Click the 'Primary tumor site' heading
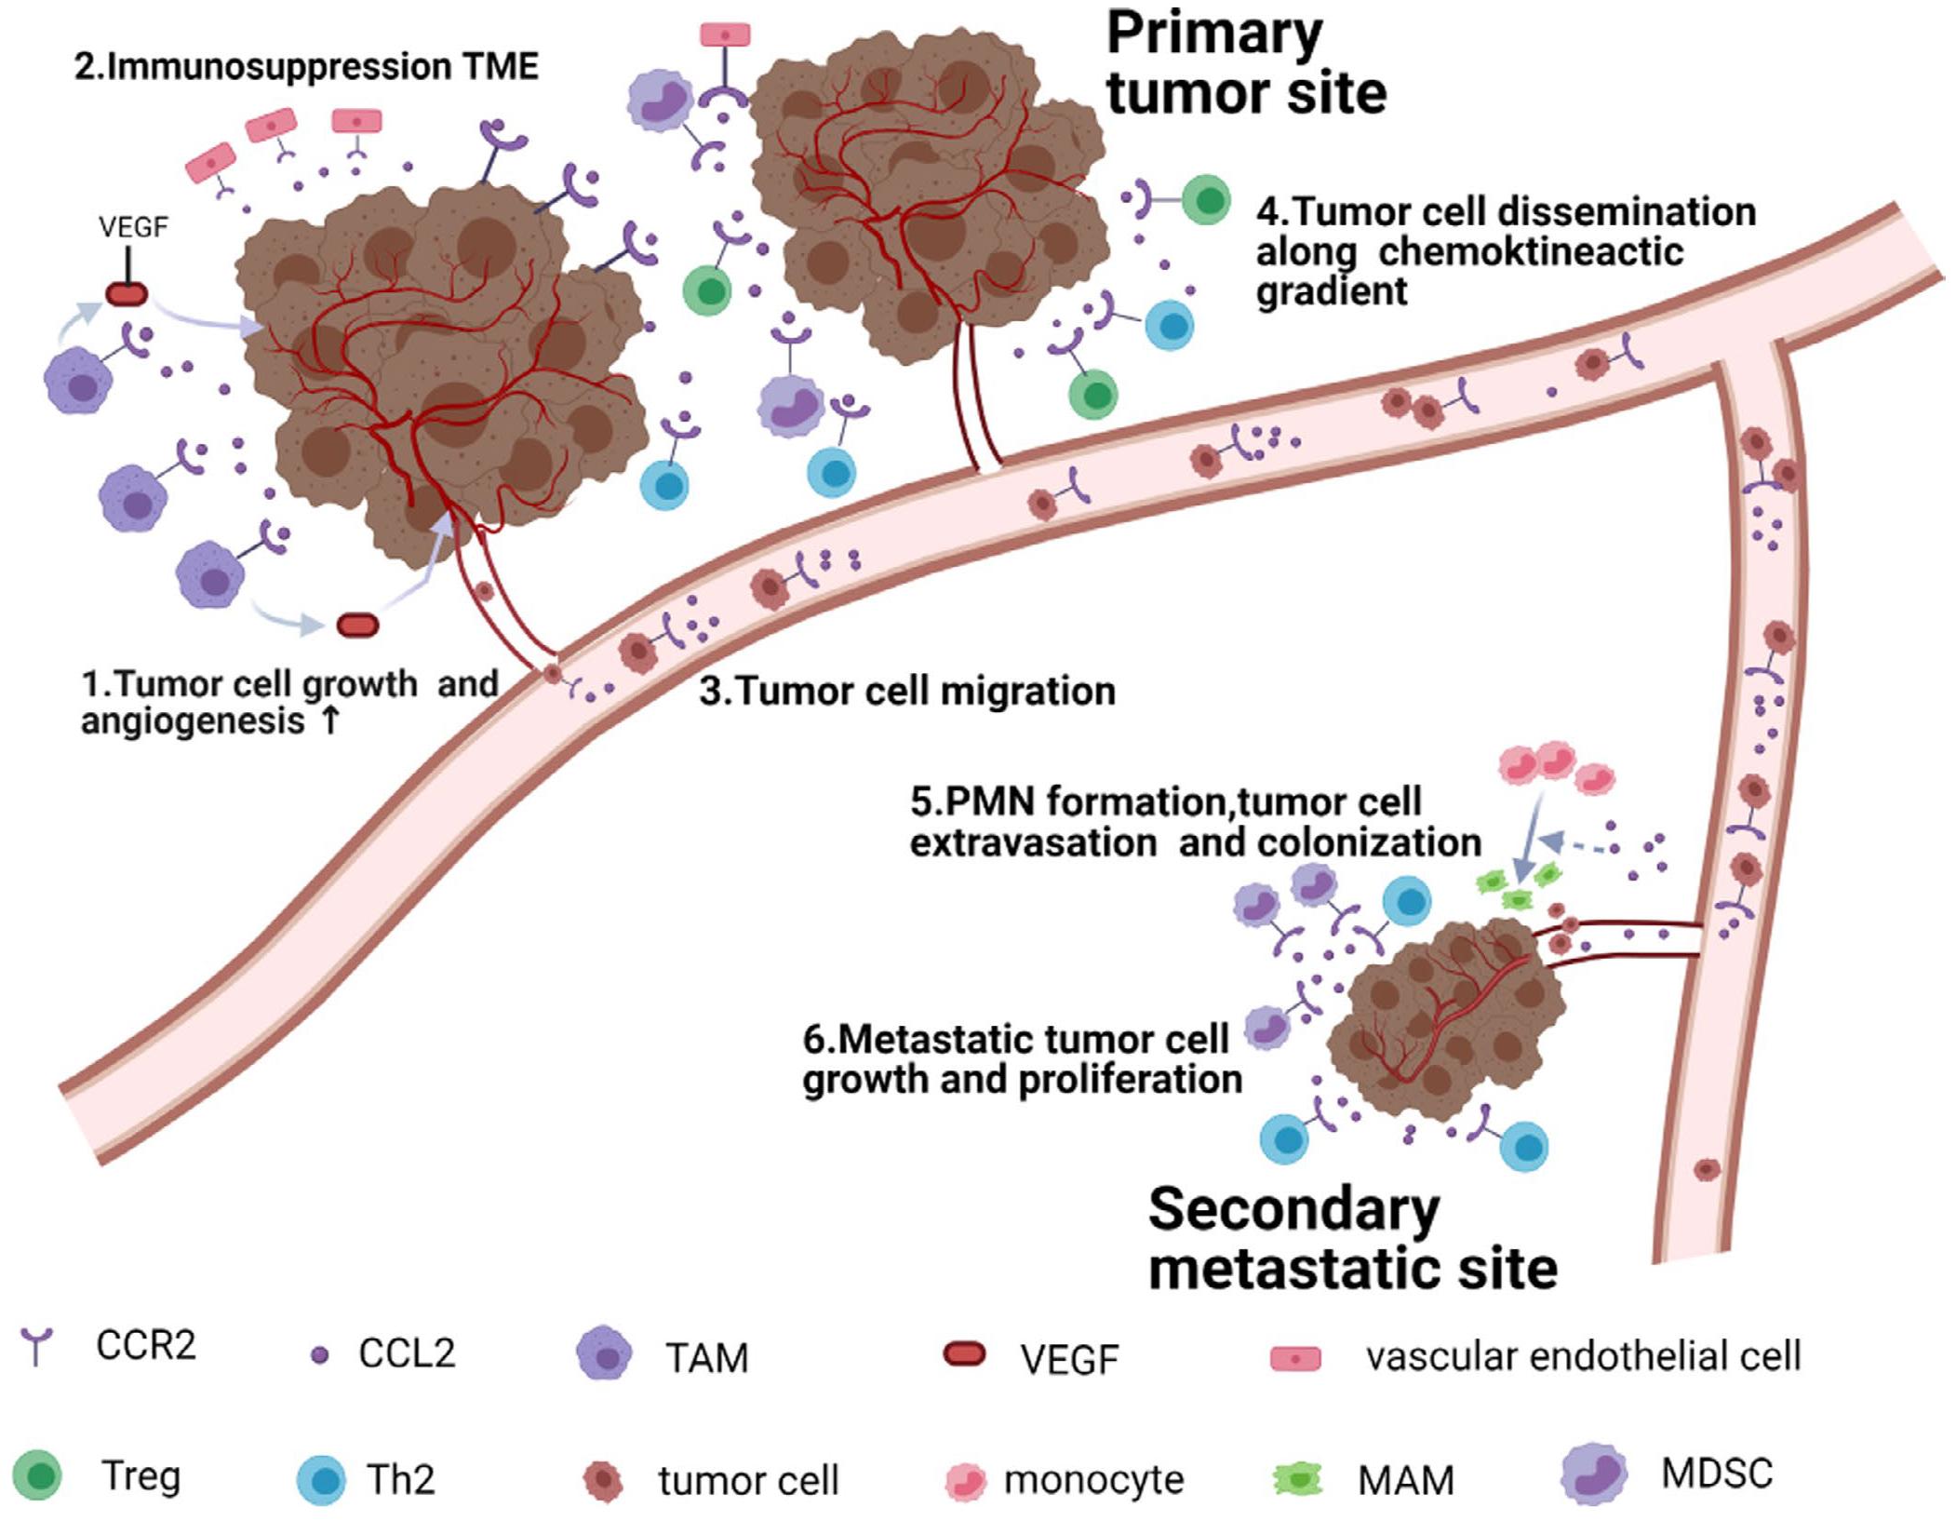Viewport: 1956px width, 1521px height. [1245, 64]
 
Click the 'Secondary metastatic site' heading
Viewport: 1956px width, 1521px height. [1351, 1239]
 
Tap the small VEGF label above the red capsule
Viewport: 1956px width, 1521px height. [133, 228]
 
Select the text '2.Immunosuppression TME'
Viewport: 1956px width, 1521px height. [306, 67]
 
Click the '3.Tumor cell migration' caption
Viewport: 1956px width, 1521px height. [906, 692]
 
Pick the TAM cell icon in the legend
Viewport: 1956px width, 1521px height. [605, 1356]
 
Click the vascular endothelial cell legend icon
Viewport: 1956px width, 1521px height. [1295, 1358]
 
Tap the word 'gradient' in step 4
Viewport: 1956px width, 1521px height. [1331, 291]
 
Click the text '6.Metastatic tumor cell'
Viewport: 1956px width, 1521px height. [1016, 1039]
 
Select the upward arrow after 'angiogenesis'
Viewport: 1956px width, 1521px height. [328, 721]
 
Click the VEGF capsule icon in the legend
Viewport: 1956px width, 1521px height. [964, 1354]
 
